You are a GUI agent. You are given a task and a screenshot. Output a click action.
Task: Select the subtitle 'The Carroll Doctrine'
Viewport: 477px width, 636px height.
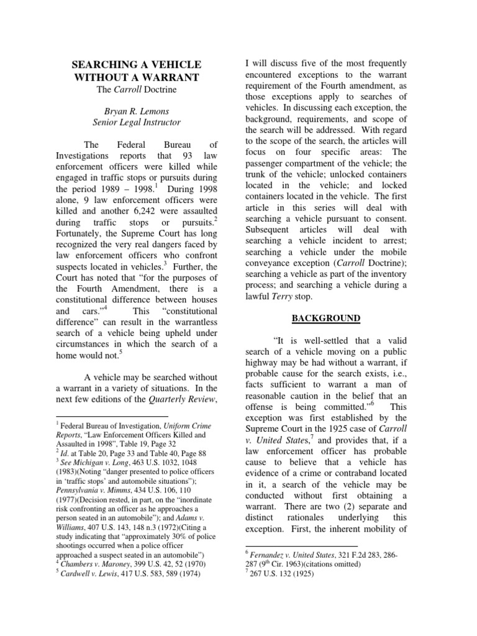tap(137, 90)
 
